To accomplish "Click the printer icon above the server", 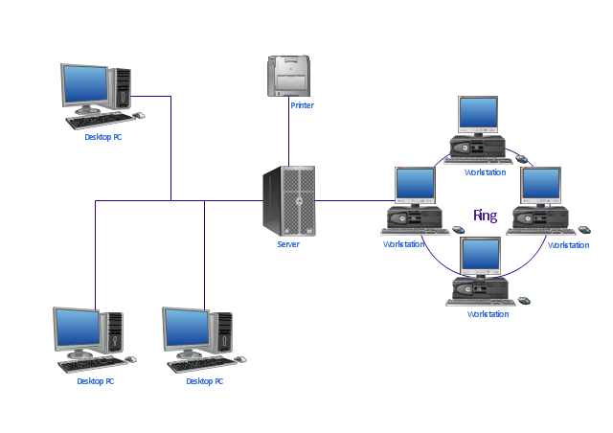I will tap(289, 76).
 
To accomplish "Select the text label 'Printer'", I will tap(302, 105).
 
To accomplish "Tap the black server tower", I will tap(289, 200).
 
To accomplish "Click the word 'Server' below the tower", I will tap(288, 244).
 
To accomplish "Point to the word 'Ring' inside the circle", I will tap(485, 216).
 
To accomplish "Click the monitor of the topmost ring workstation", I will tap(478, 115).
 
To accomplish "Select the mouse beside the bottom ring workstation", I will tap(524, 300).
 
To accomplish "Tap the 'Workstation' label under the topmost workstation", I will tap(486, 172).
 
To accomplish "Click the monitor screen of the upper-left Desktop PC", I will tap(84, 85).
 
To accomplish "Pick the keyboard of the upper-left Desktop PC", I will tap(99, 121).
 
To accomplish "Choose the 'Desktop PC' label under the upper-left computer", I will tap(103, 137).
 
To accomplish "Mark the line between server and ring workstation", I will tap(350, 201).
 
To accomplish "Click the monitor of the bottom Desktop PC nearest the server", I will tap(188, 329).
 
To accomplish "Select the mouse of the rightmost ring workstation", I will tap(584, 230).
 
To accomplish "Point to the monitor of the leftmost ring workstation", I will tap(415, 185).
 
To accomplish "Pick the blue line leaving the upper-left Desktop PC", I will tap(170, 144).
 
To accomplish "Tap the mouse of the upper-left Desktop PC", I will tap(139, 115).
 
